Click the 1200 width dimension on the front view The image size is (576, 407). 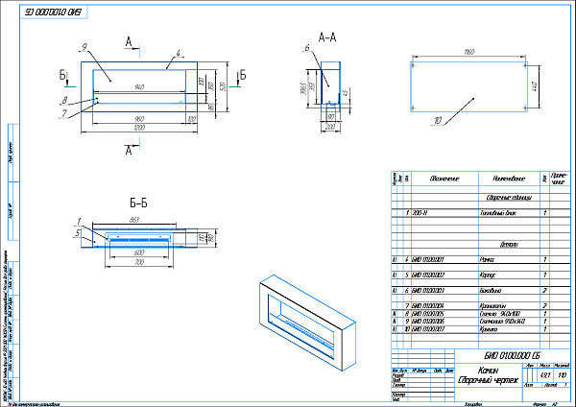(140, 127)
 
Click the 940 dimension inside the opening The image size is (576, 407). (140, 87)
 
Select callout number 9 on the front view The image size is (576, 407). (85, 46)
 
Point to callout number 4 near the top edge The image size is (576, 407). (178, 56)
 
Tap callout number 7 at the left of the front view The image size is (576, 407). (63, 113)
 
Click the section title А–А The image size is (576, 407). (326, 37)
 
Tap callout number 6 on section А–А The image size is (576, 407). (305, 48)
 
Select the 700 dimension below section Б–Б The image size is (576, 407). (140, 261)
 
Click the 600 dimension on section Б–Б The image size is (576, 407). (140, 252)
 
